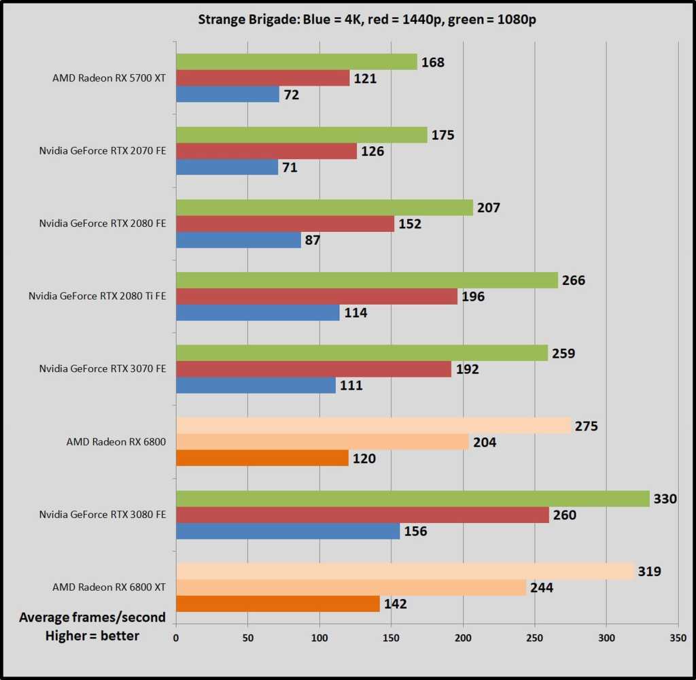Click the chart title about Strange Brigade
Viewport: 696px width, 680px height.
pos(367,19)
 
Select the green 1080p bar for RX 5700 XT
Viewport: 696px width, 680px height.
pos(296,62)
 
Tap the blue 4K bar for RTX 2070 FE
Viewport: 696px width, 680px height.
pos(227,167)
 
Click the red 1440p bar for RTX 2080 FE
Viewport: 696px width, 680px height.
pos(285,224)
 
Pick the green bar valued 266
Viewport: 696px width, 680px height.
pos(367,280)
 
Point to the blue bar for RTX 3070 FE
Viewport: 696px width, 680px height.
pos(256,386)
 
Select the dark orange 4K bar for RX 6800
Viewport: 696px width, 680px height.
pos(262,458)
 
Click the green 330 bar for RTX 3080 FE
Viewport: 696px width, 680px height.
pos(413,498)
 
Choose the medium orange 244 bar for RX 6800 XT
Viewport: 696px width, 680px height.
pos(351,588)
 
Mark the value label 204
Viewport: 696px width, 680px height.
pos(485,442)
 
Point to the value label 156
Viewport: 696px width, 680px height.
pos(415,531)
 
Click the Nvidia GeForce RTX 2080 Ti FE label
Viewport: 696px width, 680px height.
pos(97,296)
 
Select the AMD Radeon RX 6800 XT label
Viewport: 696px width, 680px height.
pos(109,587)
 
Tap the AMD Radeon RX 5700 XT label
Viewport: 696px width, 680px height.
pos(109,78)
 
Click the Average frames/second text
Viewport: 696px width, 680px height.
pos(92,617)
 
